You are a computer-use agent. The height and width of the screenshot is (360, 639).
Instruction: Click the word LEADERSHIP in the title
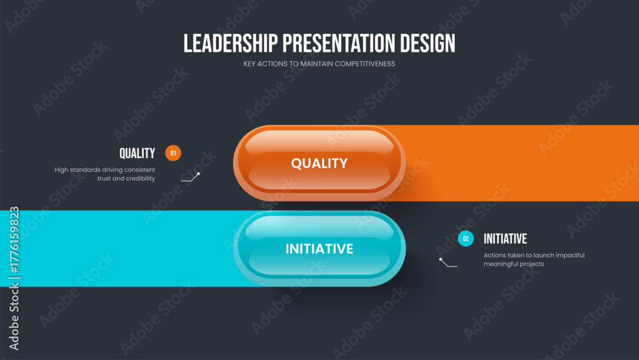(230, 43)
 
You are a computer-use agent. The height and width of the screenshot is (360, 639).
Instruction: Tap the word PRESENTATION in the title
(339, 43)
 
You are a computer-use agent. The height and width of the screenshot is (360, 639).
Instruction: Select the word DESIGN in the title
(427, 43)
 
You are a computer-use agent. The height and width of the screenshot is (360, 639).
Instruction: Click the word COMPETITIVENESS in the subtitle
(365, 63)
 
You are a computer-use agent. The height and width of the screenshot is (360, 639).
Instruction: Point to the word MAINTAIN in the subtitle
(316, 63)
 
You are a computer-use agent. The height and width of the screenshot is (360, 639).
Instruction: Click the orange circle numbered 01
(173, 153)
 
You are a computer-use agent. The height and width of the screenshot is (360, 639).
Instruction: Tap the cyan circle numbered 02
(466, 239)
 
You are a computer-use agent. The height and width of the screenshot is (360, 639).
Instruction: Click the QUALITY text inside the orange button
(319, 163)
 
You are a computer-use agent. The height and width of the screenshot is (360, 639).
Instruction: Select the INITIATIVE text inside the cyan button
(319, 249)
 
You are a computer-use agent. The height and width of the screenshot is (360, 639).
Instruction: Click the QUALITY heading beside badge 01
(137, 153)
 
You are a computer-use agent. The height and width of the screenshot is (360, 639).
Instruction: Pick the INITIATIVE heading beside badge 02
(505, 239)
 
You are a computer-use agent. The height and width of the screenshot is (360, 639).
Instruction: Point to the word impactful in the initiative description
(569, 255)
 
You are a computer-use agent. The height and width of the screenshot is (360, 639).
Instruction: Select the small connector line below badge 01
(190, 178)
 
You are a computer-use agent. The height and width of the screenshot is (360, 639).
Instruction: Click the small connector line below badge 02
(449, 263)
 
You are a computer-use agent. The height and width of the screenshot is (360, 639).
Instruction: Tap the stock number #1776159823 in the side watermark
(14, 239)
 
